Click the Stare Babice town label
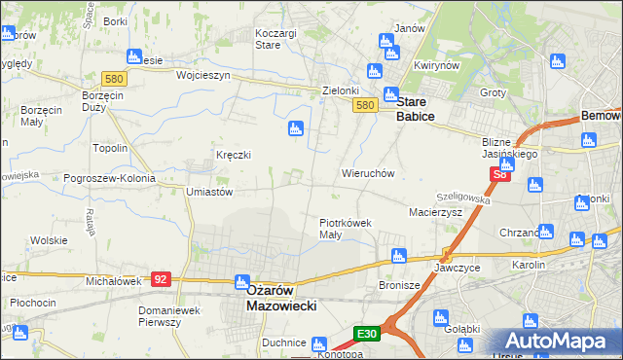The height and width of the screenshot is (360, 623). (x=415, y=108)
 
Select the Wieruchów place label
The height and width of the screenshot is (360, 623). (x=367, y=173)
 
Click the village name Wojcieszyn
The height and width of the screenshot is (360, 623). (x=202, y=75)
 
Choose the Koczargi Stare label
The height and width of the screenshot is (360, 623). (x=275, y=38)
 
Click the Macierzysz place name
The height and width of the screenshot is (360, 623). (x=435, y=211)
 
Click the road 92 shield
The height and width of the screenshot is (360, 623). (x=162, y=279)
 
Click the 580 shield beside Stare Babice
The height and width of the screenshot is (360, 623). (x=365, y=105)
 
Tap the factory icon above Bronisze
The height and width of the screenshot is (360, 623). (x=397, y=257)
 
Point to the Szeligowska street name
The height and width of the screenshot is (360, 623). (x=463, y=198)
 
